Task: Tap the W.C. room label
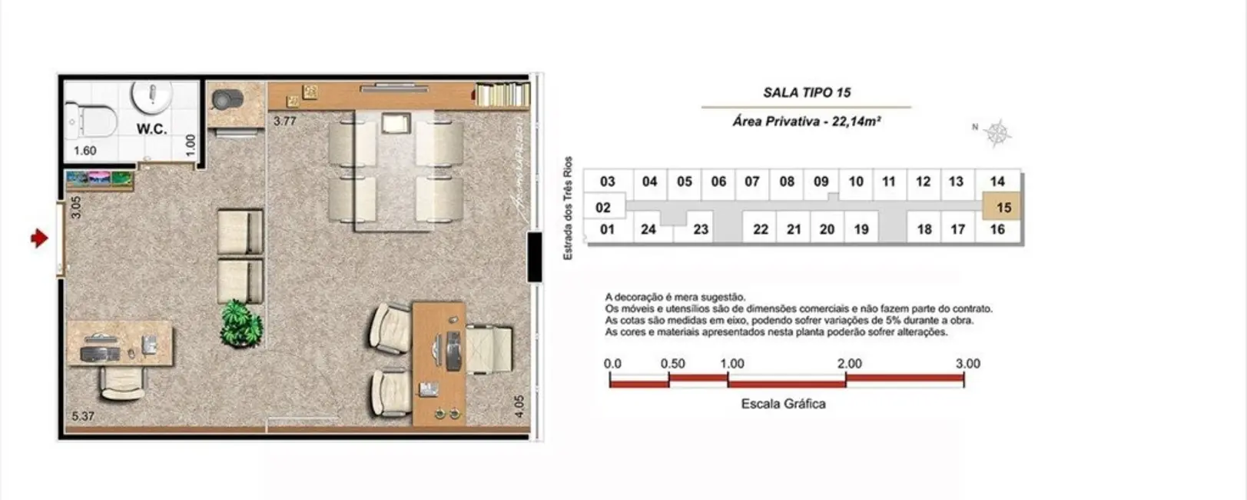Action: pyautogui.click(x=152, y=129)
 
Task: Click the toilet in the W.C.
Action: pyautogui.click(x=91, y=121)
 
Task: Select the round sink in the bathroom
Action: pyautogui.click(x=153, y=95)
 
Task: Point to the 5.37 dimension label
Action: pyautogui.click(x=83, y=416)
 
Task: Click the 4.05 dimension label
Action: pyautogui.click(x=519, y=407)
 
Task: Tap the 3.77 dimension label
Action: pyautogui.click(x=285, y=121)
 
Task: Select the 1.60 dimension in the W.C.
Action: pyautogui.click(x=85, y=151)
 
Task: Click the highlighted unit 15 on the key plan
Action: pyautogui.click(x=1003, y=208)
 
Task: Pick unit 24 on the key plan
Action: pyautogui.click(x=648, y=229)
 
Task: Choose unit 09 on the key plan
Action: pyautogui.click(x=821, y=182)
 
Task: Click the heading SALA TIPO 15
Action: pyautogui.click(x=807, y=92)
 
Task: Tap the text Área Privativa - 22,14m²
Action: pyautogui.click(x=806, y=122)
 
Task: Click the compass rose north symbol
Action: pyautogui.click(x=997, y=134)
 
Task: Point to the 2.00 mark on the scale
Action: pyautogui.click(x=849, y=364)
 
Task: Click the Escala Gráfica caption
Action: pyautogui.click(x=783, y=404)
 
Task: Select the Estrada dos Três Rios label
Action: pyautogui.click(x=569, y=208)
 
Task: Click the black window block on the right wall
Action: pyautogui.click(x=535, y=257)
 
